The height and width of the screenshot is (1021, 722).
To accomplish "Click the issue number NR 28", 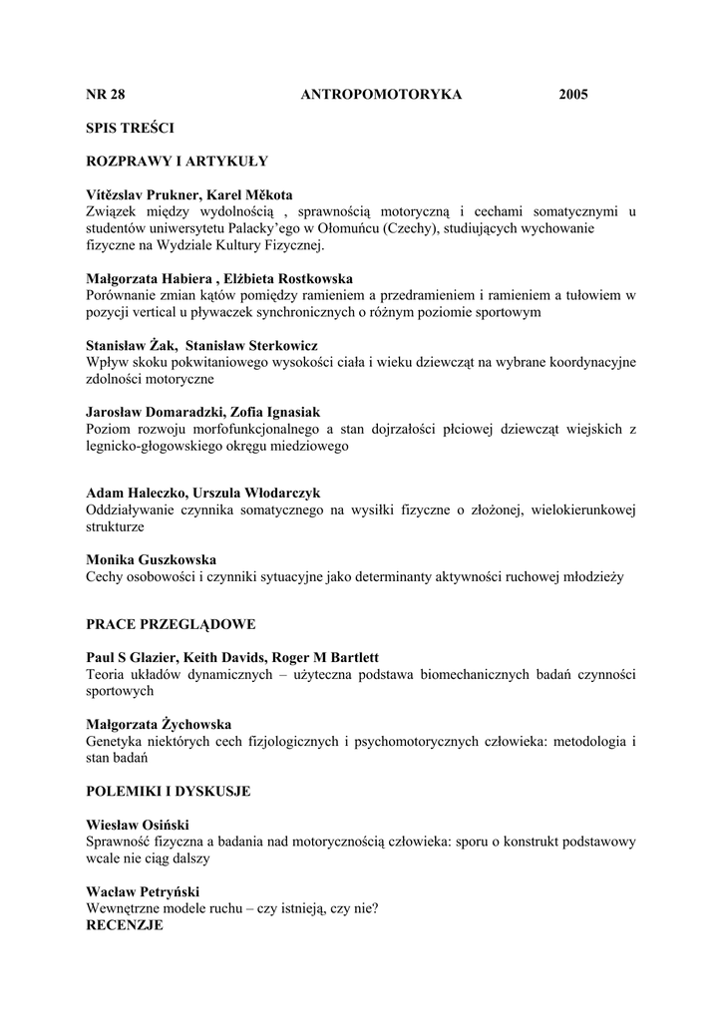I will pos(106,95).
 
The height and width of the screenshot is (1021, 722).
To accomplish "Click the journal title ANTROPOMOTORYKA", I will pos(381,95).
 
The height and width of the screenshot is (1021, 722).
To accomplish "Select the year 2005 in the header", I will pos(573,95).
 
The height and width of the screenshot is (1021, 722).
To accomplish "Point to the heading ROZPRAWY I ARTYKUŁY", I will pos(177,160).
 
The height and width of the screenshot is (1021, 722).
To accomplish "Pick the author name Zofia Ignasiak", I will pos(288,413).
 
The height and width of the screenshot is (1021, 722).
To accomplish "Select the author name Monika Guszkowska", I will pos(152,560).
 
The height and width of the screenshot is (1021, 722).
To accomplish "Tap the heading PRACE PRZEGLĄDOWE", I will pos(171,624).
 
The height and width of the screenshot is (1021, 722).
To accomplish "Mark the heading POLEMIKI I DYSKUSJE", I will pos(169,792).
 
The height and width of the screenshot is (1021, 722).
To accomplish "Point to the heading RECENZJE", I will pos(125,925).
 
